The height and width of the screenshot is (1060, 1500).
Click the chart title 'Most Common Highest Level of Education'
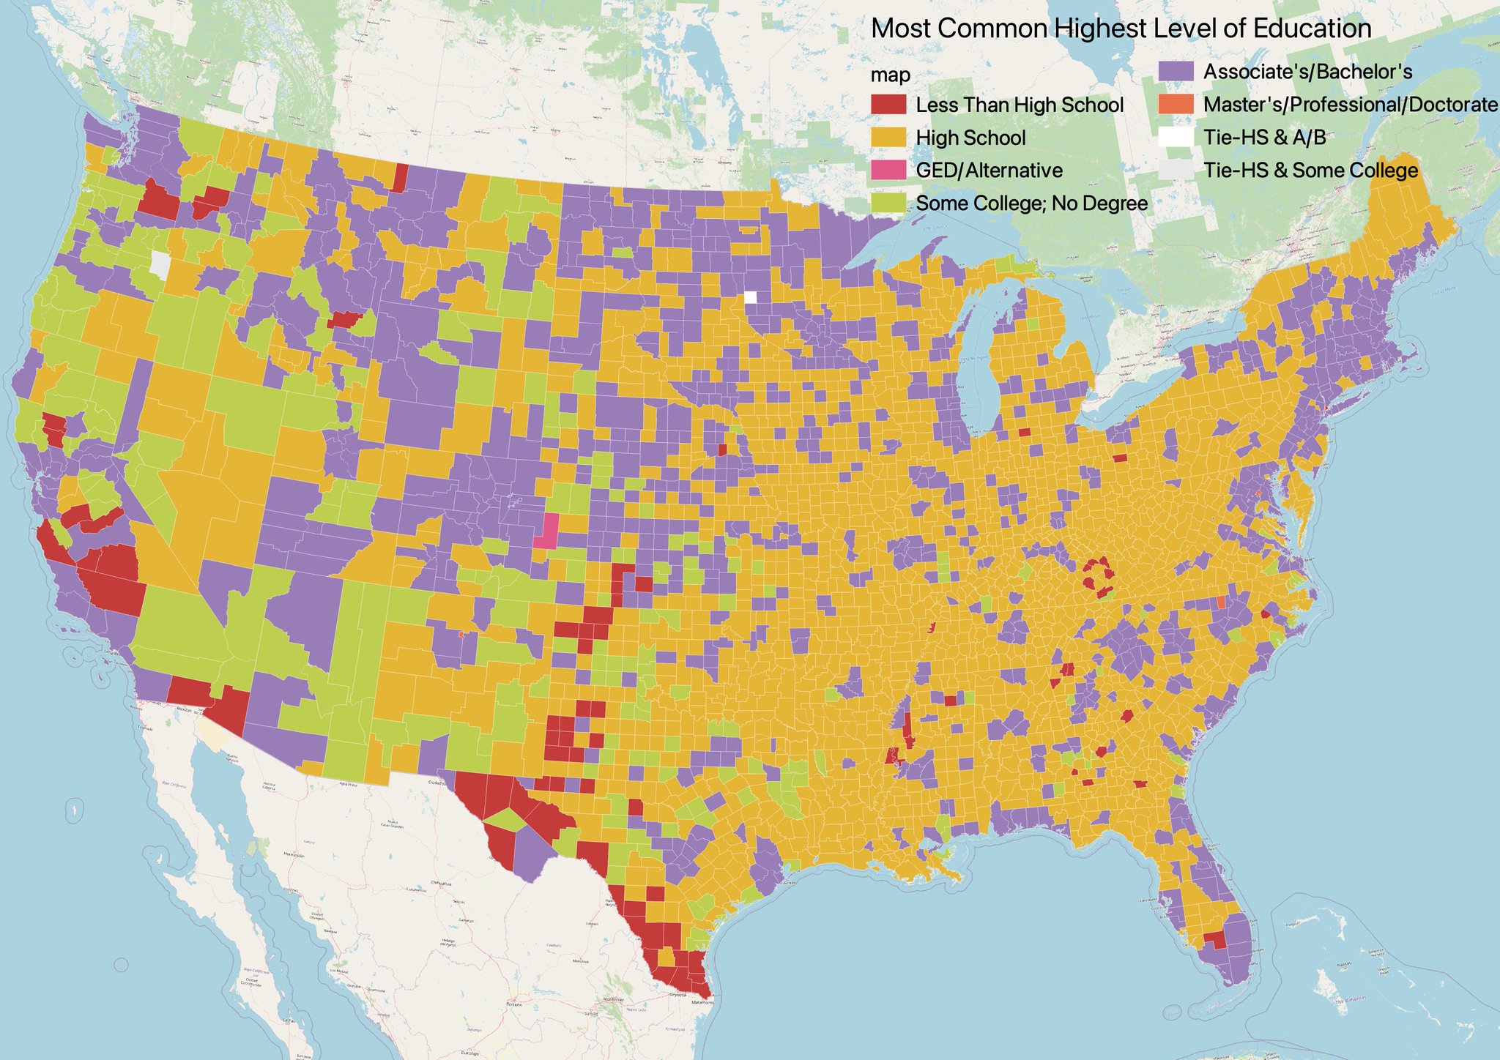pos(1121,29)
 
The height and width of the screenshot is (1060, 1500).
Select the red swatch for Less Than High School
pos(888,105)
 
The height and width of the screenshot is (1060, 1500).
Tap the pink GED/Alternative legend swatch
pos(888,171)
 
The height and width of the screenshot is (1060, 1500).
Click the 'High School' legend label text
pos(970,138)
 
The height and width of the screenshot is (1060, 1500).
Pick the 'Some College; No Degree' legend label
pos(1031,204)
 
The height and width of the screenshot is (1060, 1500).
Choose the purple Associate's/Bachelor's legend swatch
pos(1176,72)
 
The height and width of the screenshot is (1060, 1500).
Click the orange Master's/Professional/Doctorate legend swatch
pos(1176,105)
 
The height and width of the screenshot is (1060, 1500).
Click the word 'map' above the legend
pos(891,75)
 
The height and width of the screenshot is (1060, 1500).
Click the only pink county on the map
pos(546,531)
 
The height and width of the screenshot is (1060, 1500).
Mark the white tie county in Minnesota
pos(750,296)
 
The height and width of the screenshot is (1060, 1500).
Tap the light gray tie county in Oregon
pos(159,264)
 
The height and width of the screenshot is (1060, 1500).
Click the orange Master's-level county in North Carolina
pos(1221,602)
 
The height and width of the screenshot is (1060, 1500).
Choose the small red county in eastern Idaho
pos(343,319)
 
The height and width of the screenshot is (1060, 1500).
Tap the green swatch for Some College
pos(888,204)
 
